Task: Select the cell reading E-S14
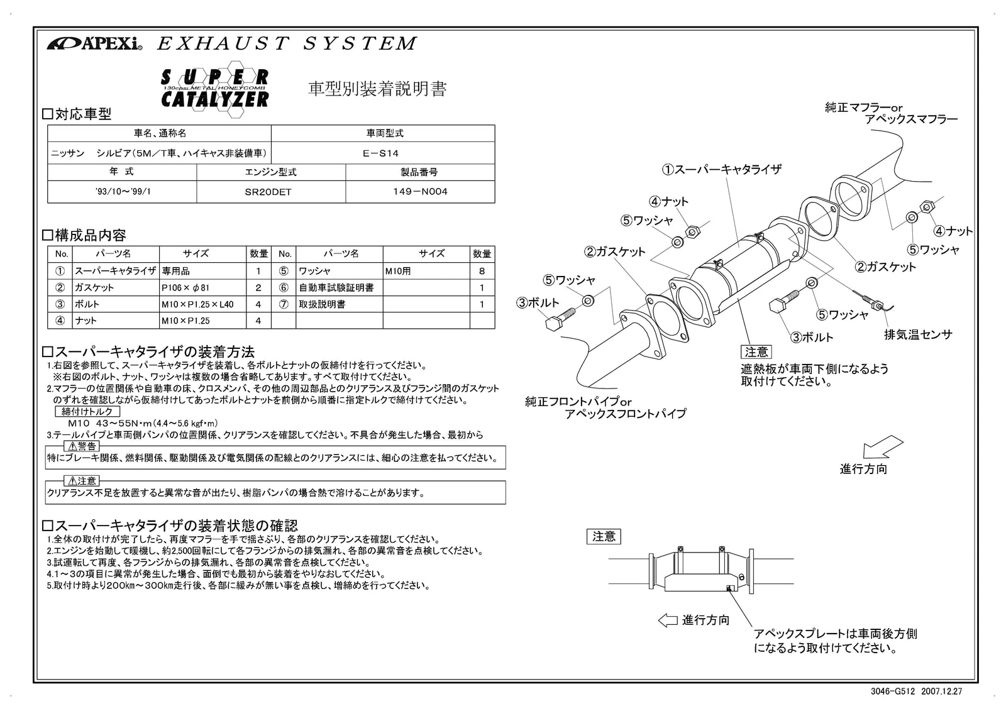(x=382, y=153)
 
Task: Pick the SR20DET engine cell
(x=270, y=192)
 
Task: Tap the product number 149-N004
(x=419, y=192)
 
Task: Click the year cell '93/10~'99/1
(x=122, y=192)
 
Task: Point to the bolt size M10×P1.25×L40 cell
(x=197, y=304)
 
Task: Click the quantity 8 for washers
(x=482, y=272)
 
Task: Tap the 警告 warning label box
(x=82, y=446)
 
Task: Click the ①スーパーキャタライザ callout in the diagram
(x=721, y=169)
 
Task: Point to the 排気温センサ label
(x=918, y=334)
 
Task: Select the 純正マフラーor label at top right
(x=863, y=108)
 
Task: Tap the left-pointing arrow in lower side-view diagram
(x=668, y=620)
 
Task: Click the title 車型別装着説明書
(x=377, y=89)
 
